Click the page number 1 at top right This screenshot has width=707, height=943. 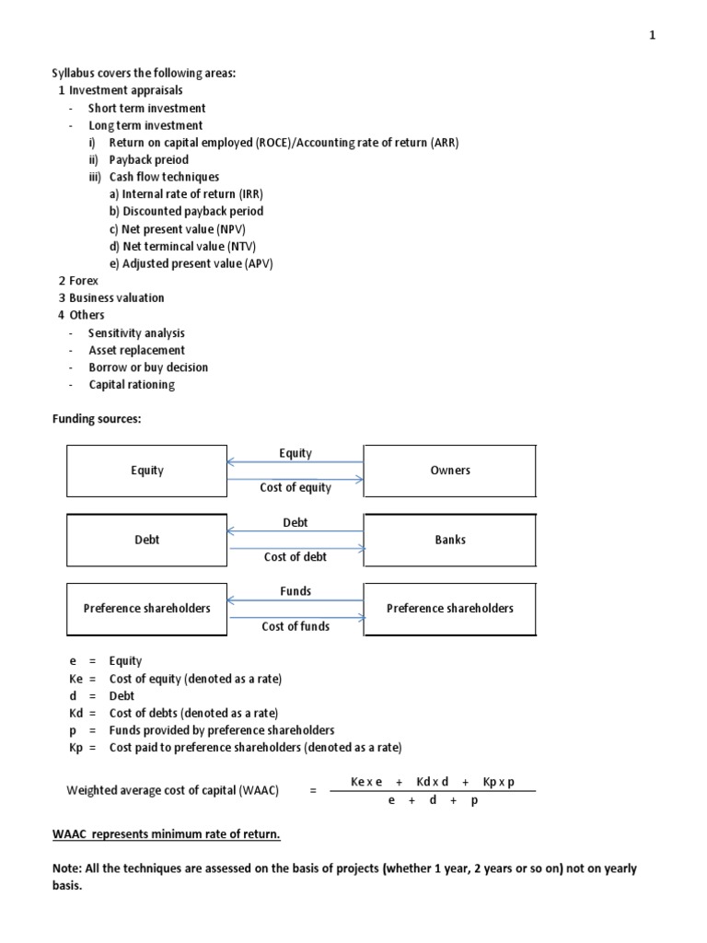coord(652,35)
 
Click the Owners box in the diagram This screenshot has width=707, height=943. coord(449,471)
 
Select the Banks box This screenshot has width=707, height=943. coord(449,540)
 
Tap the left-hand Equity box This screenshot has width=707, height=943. coord(146,471)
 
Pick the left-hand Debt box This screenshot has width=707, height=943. coord(146,540)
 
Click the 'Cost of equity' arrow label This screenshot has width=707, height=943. coord(295,487)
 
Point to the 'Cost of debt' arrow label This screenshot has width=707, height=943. coord(295,556)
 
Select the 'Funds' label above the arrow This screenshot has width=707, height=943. coord(295,591)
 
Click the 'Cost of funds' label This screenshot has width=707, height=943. coord(295,626)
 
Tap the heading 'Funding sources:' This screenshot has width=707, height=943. coord(96,418)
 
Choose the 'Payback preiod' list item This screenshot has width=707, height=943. coord(148,159)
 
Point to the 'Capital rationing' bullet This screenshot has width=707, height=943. coord(131,384)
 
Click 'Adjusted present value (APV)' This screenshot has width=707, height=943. coord(197,263)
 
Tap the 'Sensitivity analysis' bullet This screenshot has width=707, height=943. coord(136,332)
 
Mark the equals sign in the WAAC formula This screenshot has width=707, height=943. coord(314,790)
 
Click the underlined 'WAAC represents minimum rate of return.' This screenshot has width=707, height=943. coord(166,834)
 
